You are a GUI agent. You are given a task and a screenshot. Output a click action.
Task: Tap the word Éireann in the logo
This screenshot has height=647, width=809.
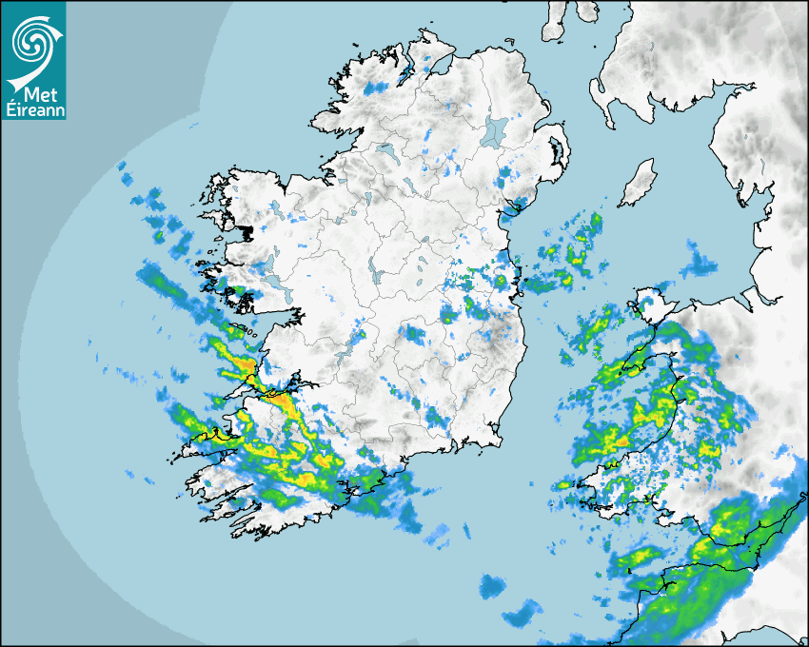(34, 110)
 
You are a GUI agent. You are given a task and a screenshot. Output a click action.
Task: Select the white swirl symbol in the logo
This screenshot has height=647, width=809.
(31, 40)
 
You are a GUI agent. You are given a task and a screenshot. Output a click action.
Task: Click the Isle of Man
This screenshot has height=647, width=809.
(639, 183)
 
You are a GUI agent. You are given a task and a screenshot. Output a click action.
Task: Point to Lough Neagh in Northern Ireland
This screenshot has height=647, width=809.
(494, 130)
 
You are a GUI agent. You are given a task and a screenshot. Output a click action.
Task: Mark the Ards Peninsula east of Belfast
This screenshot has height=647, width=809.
(561, 152)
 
